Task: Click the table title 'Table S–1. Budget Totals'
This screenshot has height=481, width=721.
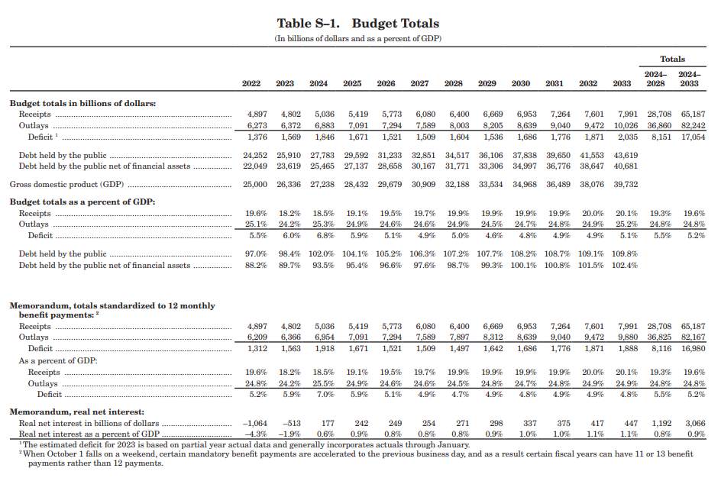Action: tap(357, 24)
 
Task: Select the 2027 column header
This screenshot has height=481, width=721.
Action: tap(419, 84)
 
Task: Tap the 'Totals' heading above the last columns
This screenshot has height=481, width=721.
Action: tap(672, 59)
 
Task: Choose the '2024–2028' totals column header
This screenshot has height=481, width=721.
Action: tap(655, 79)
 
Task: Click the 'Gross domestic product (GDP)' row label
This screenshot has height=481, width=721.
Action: tap(66, 185)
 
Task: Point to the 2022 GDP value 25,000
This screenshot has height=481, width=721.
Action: tap(255, 185)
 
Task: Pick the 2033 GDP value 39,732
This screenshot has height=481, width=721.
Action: tap(626, 185)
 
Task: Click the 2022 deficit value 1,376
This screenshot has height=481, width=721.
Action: tap(257, 137)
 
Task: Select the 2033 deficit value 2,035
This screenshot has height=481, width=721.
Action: tap(628, 137)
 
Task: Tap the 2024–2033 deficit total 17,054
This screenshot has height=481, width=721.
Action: tap(693, 137)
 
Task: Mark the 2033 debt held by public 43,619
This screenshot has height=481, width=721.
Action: tap(626, 156)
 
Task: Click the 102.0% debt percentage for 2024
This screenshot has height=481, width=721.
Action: tap(322, 253)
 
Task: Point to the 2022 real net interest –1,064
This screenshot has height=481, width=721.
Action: tap(255, 423)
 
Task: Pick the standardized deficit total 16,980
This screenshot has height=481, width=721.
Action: tap(693, 349)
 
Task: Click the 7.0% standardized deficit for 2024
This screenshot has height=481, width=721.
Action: tap(325, 395)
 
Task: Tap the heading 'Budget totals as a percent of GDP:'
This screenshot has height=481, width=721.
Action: tap(82, 202)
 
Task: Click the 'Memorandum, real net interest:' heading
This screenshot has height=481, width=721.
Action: tap(77, 412)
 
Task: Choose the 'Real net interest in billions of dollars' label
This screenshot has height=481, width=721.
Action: tap(89, 423)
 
